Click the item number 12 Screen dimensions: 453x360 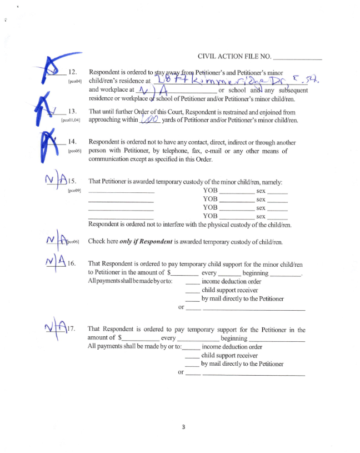click(72, 72)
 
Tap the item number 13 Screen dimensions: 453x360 click(72, 111)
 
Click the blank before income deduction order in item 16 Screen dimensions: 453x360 click(192, 281)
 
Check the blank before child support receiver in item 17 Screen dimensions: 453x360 click(192, 355)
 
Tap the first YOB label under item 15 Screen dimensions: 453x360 click(210, 191)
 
